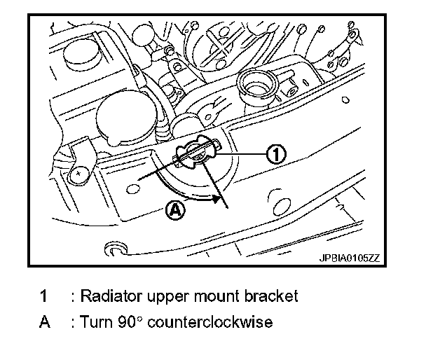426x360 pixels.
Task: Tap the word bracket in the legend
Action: pos(274,296)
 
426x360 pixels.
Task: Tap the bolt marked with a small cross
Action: pos(81,171)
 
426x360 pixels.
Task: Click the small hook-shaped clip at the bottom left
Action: pos(112,249)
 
